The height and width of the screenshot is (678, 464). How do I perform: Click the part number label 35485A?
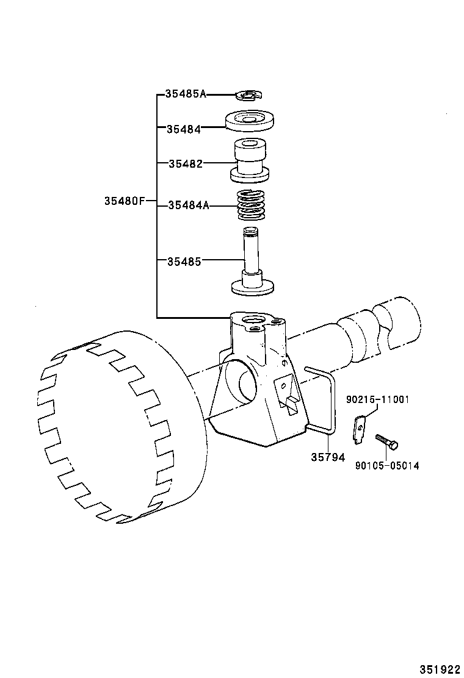pos(186,94)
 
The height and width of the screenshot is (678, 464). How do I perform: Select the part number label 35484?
pos(183,129)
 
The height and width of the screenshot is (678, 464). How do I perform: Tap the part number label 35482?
pos(185,163)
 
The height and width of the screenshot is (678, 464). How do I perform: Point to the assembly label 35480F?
pos(124,201)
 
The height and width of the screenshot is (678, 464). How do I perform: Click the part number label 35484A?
pos(188,206)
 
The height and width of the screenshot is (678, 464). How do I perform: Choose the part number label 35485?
pos(184,261)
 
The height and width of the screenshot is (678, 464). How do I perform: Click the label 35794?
pos(327,457)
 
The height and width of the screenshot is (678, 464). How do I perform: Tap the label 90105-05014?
pos(387,466)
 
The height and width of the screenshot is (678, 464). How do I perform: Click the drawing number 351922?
pos(440,669)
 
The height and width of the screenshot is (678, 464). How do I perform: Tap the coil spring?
pos(250,205)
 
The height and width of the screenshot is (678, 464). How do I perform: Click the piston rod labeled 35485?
pos(251,262)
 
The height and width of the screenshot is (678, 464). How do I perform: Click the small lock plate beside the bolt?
pos(360,429)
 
